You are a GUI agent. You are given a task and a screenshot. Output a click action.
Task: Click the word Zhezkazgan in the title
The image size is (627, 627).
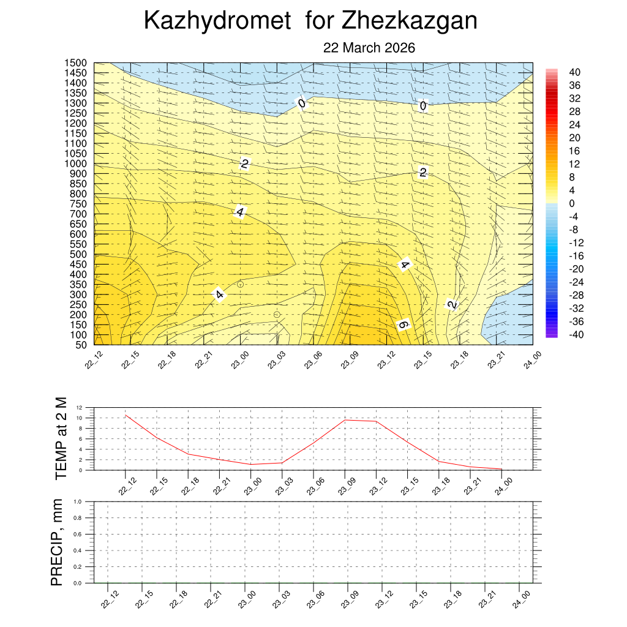(x=409, y=21)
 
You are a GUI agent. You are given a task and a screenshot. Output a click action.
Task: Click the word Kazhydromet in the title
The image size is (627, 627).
(x=217, y=21)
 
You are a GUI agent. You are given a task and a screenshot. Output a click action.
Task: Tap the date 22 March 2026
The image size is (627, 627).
(x=369, y=48)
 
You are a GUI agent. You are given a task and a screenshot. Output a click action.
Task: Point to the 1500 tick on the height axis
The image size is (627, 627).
(x=77, y=63)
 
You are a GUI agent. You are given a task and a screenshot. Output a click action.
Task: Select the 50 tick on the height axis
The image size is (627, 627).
(x=81, y=345)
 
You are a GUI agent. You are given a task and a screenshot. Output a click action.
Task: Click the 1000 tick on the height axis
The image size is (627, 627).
(x=77, y=163)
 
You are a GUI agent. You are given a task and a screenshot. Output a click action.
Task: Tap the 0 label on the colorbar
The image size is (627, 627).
(x=571, y=203)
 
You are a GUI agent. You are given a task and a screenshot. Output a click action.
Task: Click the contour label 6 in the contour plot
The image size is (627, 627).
(x=403, y=325)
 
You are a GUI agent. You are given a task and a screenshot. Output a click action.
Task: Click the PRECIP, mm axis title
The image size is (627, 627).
(x=57, y=542)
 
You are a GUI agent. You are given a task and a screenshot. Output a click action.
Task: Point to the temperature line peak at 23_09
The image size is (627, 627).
(x=345, y=420)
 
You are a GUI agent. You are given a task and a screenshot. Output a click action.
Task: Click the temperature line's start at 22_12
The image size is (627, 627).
(x=126, y=415)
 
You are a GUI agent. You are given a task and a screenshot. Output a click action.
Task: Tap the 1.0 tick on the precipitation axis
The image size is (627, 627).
(x=78, y=501)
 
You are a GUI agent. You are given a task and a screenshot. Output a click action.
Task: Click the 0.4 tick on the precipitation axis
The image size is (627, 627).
(x=78, y=550)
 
